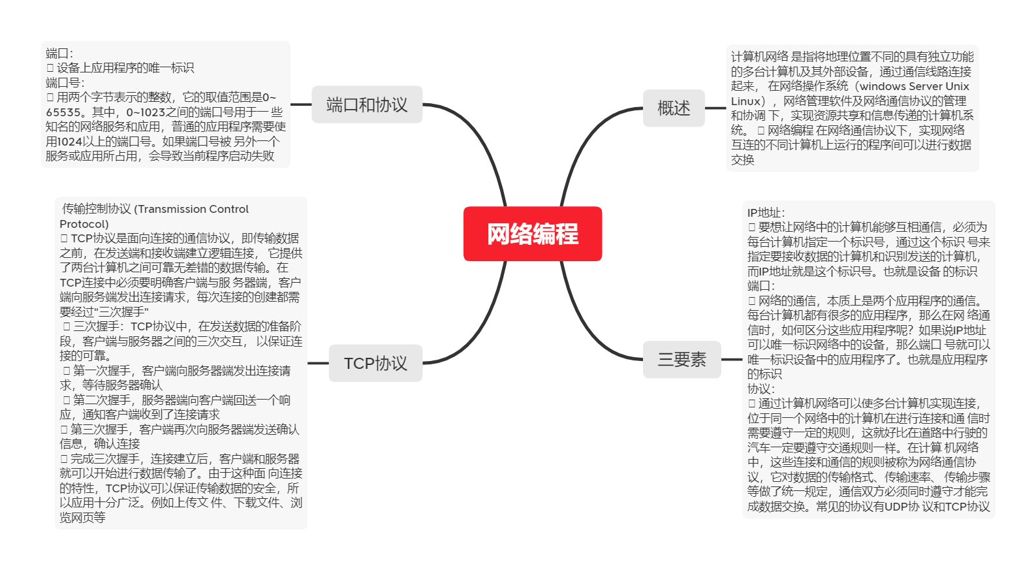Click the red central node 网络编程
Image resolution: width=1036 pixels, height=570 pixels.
[x=532, y=234]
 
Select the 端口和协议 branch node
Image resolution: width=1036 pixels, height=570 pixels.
[x=367, y=104]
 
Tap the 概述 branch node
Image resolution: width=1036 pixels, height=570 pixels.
[x=674, y=108]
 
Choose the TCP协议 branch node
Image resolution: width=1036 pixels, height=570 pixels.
[x=375, y=363]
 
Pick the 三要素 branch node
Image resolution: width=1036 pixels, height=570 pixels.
[x=682, y=359]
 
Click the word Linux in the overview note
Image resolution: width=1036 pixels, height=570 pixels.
[x=746, y=101]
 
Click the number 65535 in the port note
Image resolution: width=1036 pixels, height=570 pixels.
[x=63, y=112]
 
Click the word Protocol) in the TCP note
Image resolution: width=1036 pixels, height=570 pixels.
[x=84, y=224]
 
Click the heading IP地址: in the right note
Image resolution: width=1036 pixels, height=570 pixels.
[x=766, y=213]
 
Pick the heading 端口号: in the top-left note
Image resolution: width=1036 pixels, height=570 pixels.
[x=65, y=83]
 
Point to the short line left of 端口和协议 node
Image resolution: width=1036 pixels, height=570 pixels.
[x=301, y=104]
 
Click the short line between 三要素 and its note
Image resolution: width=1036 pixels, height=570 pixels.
[x=732, y=359]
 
